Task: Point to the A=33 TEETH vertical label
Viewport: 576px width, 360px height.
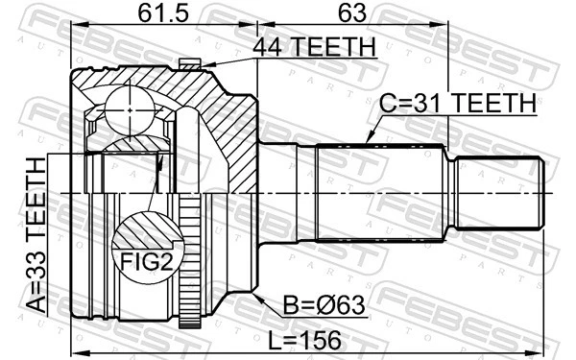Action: (x=39, y=235)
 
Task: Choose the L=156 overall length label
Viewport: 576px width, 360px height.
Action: (x=308, y=342)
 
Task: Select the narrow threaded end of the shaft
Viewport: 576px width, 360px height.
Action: (x=498, y=192)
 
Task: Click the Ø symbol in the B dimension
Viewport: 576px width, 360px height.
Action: (x=317, y=307)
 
